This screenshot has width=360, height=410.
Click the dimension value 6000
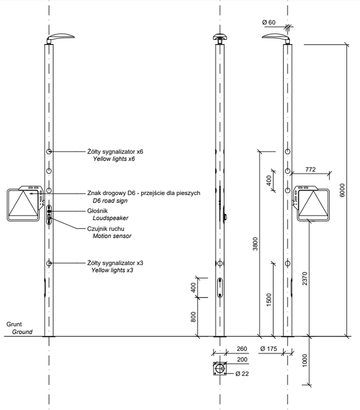coord(341,190)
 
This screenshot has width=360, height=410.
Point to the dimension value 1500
coord(269,299)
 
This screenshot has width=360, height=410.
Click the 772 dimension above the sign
coord(310,169)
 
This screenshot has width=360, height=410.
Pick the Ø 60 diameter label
coord(269,22)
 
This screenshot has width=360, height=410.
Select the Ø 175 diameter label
coord(268,348)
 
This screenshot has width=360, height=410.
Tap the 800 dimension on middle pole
coord(194,318)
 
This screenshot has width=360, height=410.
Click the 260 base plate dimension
coord(241,348)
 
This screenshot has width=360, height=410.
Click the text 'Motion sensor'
coord(112,236)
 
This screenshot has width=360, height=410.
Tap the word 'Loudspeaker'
coord(110,218)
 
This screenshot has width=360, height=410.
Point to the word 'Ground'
coord(22,332)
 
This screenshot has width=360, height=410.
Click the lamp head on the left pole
coord(60,38)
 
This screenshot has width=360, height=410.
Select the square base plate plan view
coord(219,369)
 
